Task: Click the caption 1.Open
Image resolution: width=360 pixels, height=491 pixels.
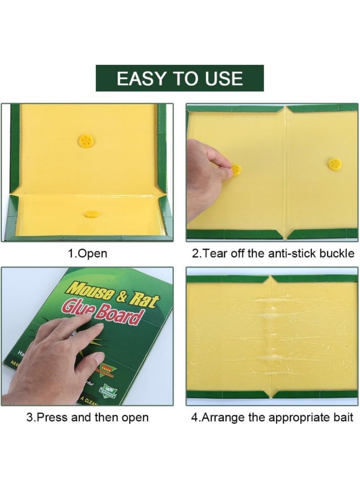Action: point(87,253)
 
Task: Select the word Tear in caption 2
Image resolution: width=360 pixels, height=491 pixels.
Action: point(218,253)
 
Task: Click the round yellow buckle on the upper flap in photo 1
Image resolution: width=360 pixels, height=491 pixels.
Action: point(85,140)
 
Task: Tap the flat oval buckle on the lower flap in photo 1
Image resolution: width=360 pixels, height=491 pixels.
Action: point(91,214)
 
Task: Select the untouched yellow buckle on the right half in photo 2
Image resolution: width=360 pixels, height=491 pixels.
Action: point(334,164)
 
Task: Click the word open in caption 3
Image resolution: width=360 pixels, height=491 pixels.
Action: point(135,418)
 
